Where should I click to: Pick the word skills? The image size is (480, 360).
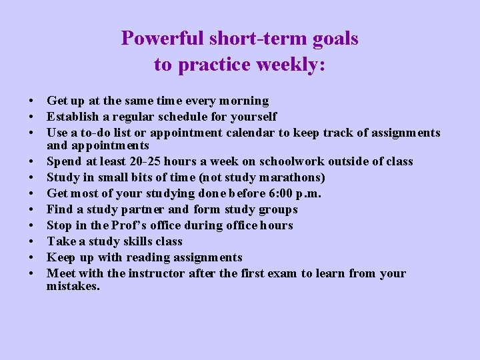[127, 241]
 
